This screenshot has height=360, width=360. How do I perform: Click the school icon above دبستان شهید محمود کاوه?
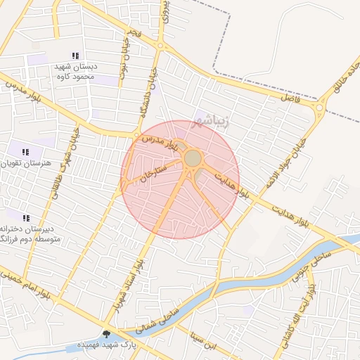(75, 56)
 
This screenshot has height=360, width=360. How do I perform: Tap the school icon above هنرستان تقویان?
(26, 152)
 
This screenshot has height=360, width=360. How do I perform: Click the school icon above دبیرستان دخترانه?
(26, 219)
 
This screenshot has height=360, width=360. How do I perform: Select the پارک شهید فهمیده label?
(107, 345)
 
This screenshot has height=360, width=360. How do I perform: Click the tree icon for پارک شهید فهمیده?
(106, 334)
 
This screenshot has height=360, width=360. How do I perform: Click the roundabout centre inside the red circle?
(192, 158)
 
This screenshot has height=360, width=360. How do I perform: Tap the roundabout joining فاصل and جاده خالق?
(321, 108)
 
